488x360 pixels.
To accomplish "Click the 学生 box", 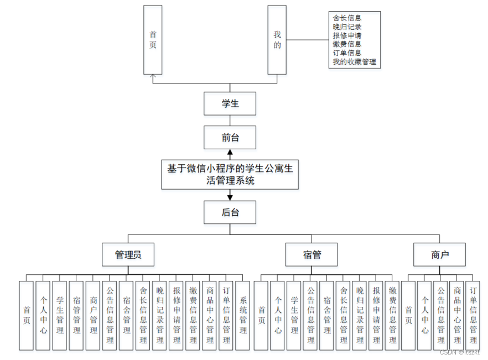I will point(230,103).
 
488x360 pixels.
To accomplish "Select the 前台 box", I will point(230,137).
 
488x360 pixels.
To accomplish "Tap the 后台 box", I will point(230,212).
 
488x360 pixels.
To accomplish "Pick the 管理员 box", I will point(128,255).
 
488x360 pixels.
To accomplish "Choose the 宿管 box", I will point(312,255).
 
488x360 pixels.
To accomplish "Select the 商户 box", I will point(439,255).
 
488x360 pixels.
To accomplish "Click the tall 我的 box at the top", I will point(277,40).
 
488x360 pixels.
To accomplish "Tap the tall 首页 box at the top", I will point(153,40).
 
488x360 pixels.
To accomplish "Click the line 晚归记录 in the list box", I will point(347,27).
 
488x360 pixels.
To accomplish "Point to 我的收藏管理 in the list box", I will point(354,62).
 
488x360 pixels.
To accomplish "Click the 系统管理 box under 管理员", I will point(243,315).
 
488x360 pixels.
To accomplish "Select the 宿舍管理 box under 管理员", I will point(126,315).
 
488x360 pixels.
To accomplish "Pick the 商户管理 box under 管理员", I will point(93,315).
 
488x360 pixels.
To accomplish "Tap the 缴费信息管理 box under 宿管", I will point(392,315).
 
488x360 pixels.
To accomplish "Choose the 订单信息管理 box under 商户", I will point(473,315).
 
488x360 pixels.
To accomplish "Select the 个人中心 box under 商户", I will point(424,315).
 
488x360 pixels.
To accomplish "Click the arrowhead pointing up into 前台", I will point(230,152).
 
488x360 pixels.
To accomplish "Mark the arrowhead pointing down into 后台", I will point(230,196).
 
